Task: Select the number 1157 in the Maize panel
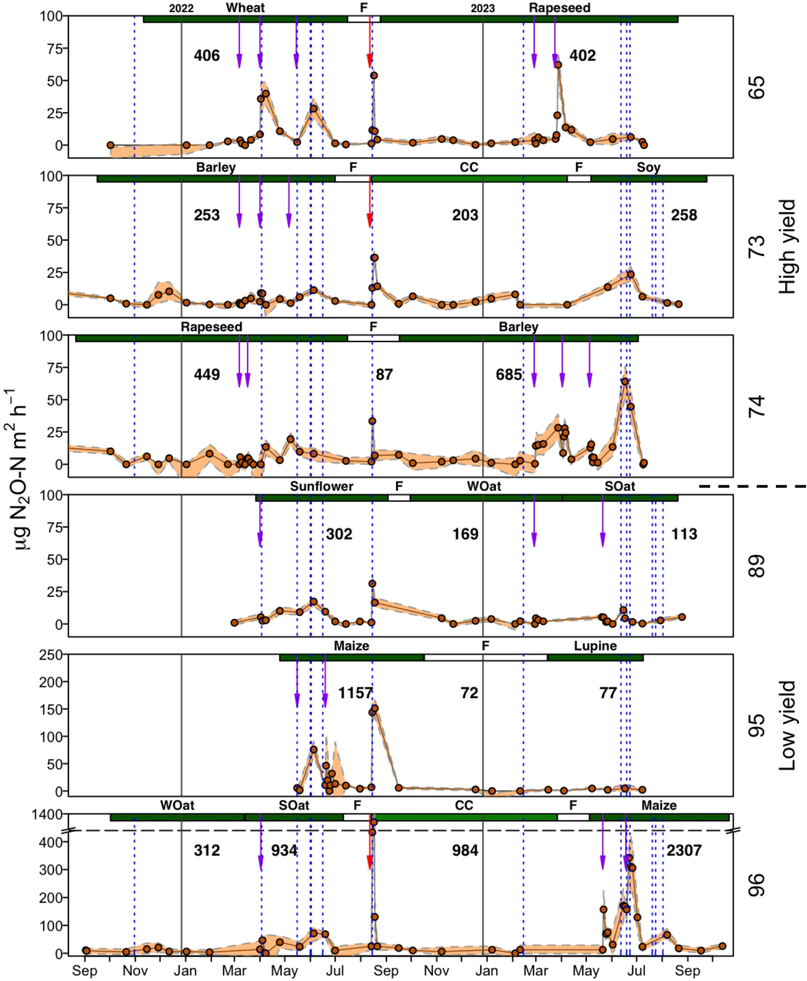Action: pyautogui.click(x=355, y=692)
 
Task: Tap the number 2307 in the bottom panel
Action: pyautogui.click(x=683, y=850)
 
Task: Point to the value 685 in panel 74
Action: pyautogui.click(x=509, y=374)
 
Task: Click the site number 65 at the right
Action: pyautogui.click(x=756, y=87)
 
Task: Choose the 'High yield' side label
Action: pyautogui.click(x=787, y=247)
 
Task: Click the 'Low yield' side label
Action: pyautogui.click(x=787, y=726)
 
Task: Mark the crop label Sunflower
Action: pyautogui.click(x=321, y=487)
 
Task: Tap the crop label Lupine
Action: pyautogui.click(x=595, y=646)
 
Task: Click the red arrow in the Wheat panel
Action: pyautogui.click(x=370, y=42)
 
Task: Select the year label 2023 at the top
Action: pyautogui.click(x=483, y=8)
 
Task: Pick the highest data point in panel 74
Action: pyautogui.click(x=625, y=382)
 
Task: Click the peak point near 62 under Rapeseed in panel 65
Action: pyautogui.click(x=558, y=65)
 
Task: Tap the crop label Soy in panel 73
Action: pyautogui.click(x=648, y=167)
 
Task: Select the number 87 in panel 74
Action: pyautogui.click(x=384, y=374)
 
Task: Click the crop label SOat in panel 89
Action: pyautogui.click(x=619, y=487)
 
